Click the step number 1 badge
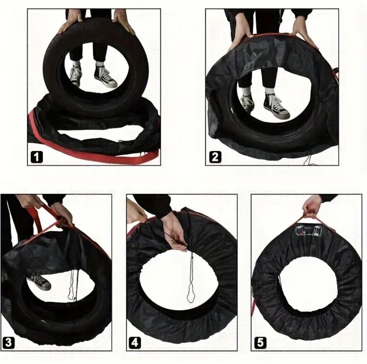[x=37, y=157]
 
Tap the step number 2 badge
[x=215, y=157]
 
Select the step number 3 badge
[x=9, y=343]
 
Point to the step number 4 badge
[x=135, y=343]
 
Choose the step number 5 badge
[x=260, y=343]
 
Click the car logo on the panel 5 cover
[x=309, y=231]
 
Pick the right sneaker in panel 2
[x=277, y=106]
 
